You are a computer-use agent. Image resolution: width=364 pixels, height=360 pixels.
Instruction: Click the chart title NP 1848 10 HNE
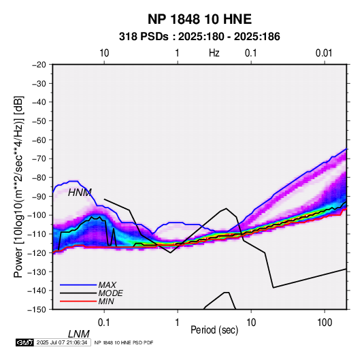pyautogui.click(x=199, y=19)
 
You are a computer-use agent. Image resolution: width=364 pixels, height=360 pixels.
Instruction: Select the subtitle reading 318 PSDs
pyautogui.click(x=144, y=37)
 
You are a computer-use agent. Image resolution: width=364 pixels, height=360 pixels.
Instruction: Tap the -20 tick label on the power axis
pyautogui.click(x=39, y=65)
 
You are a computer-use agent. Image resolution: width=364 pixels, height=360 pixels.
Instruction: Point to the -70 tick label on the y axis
pyautogui.click(x=39, y=159)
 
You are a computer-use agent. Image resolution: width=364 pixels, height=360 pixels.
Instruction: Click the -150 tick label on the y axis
pyautogui.click(x=37, y=310)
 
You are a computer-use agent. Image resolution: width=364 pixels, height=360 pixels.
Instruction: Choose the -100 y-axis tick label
pyautogui.click(x=37, y=215)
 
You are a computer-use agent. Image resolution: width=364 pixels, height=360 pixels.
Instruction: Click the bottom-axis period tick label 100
pyautogui.click(x=325, y=323)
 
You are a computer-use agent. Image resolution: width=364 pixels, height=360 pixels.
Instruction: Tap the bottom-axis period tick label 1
pyautogui.click(x=178, y=323)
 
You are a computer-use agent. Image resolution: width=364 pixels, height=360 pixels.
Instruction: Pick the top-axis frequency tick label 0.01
pyautogui.click(x=324, y=53)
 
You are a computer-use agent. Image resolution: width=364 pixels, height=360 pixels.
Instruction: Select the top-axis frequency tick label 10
pyautogui.click(x=104, y=53)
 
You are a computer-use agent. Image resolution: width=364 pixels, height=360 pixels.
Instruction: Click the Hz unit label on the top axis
pyautogui.click(x=214, y=53)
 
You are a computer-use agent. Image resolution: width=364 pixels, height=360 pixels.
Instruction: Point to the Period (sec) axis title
pyautogui.click(x=214, y=330)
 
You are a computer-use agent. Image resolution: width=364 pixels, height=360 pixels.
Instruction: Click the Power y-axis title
pyautogui.click(x=18, y=186)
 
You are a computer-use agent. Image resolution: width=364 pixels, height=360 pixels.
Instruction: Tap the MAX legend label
pyautogui.click(x=107, y=285)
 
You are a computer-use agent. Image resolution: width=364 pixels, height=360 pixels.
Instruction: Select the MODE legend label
pyautogui.click(x=110, y=293)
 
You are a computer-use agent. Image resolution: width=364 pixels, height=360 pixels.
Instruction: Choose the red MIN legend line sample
pyautogui.click(x=78, y=301)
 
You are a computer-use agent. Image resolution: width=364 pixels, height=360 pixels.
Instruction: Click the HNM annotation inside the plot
pyautogui.click(x=80, y=193)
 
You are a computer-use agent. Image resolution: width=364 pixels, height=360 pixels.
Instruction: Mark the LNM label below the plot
pyautogui.click(x=79, y=334)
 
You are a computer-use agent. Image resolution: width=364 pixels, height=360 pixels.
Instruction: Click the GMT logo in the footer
pyautogui.click(x=24, y=342)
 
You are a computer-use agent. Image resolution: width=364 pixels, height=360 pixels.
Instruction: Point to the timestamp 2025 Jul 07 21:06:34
pyautogui.click(x=62, y=342)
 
